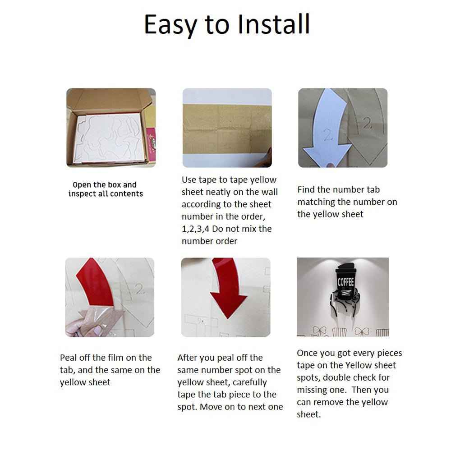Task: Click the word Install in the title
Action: point(274,24)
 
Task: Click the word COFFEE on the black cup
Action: point(345,282)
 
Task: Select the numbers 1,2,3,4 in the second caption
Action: point(196,229)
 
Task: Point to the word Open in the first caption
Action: point(82,185)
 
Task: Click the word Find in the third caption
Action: point(306,189)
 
